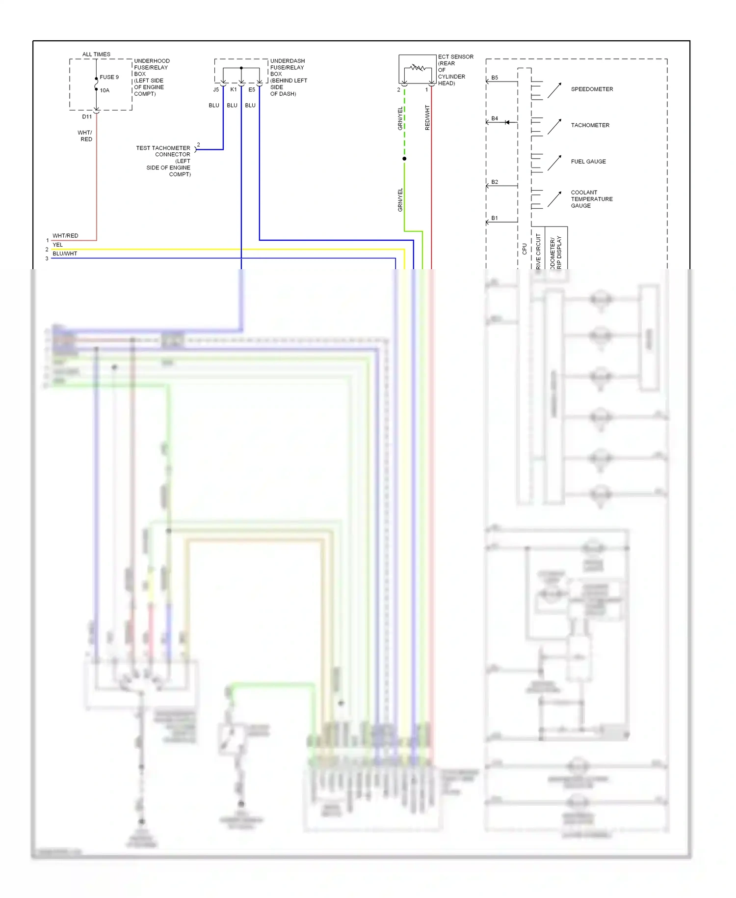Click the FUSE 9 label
pos(109,77)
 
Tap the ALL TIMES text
pos(96,54)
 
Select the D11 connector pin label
pos(87,116)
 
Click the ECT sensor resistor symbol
pos(418,67)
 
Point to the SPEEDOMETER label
pos(592,89)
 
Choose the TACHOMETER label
pos(590,125)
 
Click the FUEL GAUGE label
pos(588,161)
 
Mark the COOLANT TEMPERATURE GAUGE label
pos(591,199)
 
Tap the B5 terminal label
pos(495,78)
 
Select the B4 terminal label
pos(495,118)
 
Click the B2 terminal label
pos(495,182)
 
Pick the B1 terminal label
pos(495,218)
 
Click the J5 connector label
pos(216,90)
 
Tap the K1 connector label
pos(234,90)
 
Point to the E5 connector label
pos(252,90)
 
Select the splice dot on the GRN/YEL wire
pos(404,159)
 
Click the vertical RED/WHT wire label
pos(427,117)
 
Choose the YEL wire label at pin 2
pos(58,245)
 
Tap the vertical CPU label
pos(525,249)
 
